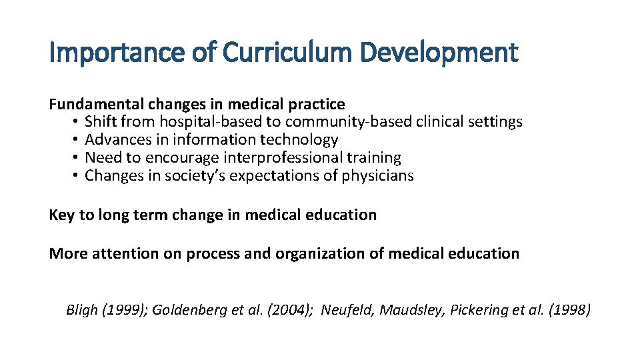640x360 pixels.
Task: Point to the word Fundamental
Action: (96, 104)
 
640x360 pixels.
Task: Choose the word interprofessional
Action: (283, 158)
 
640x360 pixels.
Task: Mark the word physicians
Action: (378, 176)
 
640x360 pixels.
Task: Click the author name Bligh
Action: (82, 310)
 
